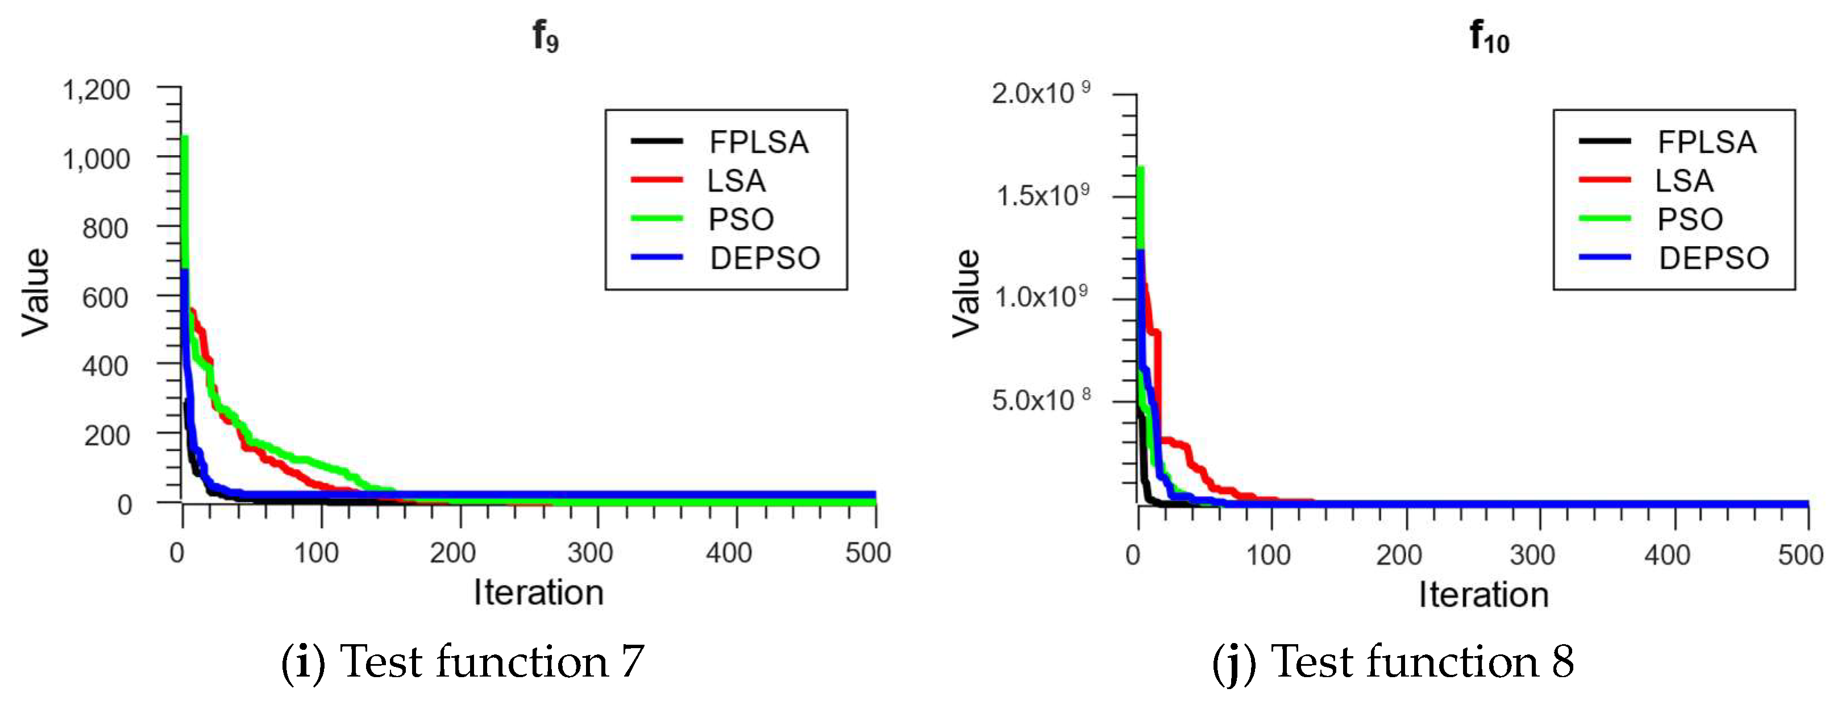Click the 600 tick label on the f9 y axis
[x=105, y=297]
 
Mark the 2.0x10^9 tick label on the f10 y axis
[x=1040, y=93]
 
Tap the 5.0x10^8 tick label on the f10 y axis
[x=1040, y=400]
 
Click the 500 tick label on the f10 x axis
[x=1800, y=555]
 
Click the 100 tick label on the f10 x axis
[x=1268, y=555]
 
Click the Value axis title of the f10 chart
[x=966, y=293]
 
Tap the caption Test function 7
[x=463, y=661]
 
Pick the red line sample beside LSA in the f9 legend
[x=656, y=180]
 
